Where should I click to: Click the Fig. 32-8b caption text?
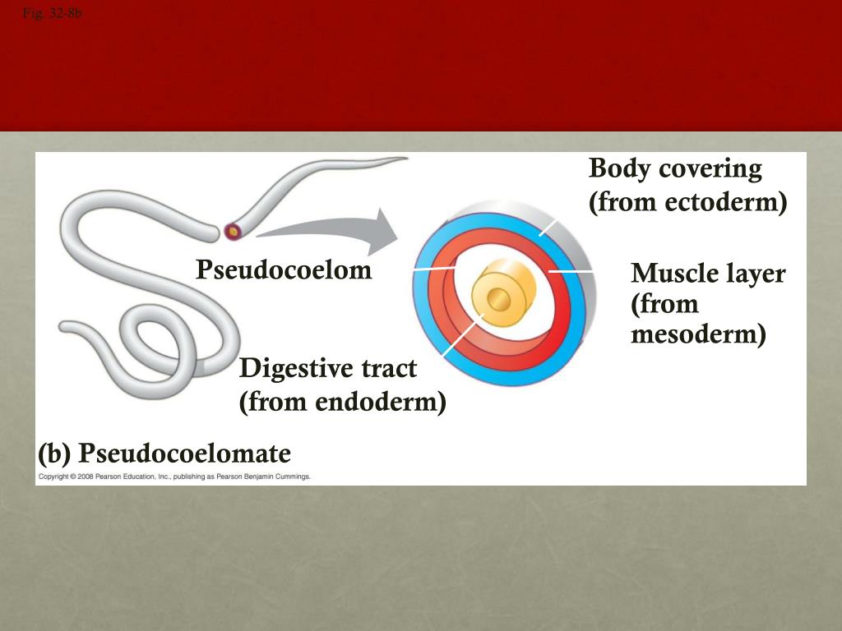[53, 13]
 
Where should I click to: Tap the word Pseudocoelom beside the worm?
[284, 269]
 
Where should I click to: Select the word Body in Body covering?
[614, 168]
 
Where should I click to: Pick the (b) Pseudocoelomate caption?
[164, 454]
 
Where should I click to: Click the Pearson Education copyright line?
[173, 477]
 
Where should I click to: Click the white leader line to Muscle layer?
[570, 270]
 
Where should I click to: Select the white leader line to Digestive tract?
[460, 337]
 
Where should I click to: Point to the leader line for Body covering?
[548, 227]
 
